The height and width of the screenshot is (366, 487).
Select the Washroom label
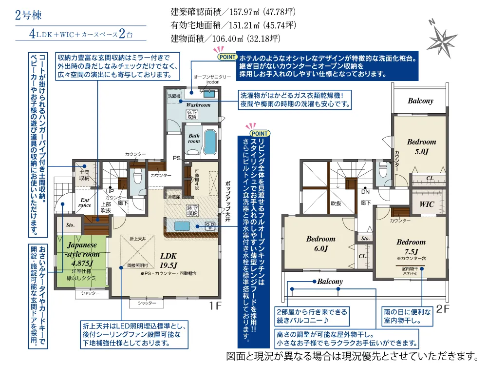coord(198,104)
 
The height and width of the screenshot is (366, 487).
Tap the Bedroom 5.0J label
coord(421,146)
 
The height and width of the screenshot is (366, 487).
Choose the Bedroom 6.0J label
coord(320,244)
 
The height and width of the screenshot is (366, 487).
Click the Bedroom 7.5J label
coord(411,246)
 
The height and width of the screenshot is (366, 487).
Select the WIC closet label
coord(427,204)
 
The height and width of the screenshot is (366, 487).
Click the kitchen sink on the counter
coord(182,226)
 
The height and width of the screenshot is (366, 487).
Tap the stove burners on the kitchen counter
coord(210,226)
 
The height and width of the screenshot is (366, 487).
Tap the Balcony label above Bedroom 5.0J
coord(420,101)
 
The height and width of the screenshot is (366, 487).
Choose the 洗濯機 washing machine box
coord(174,96)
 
